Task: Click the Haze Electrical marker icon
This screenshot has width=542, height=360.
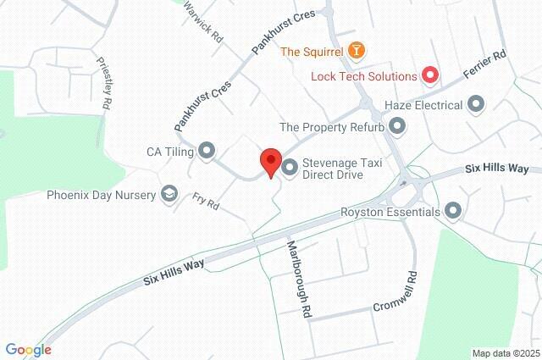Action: tap(476, 105)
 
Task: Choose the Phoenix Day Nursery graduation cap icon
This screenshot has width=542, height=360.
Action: tap(169, 195)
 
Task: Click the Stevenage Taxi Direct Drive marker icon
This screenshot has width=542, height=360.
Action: tap(289, 168)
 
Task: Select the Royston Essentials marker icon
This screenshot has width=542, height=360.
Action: tap(453, 211)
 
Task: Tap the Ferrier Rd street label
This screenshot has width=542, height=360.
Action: tap(486, 65)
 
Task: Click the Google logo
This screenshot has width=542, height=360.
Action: tap(27, 349)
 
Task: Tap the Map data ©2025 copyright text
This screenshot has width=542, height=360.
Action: tap(505, 353)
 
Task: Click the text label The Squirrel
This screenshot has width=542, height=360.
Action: tap(312, 52)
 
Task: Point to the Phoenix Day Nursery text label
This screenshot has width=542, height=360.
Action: tap(102, 195)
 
